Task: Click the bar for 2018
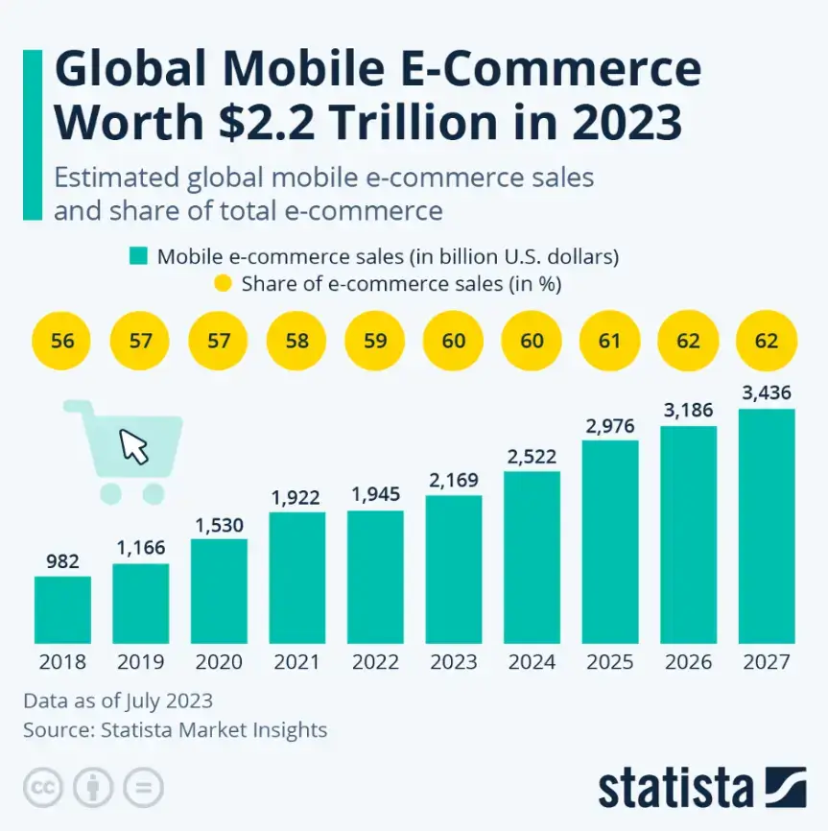coord(62,609)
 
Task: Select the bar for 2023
coord(454,569)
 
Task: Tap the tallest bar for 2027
coord(767,526)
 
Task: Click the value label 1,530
coord(219,525)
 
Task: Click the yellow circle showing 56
coord(62,341)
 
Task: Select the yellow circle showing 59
coord(375,341)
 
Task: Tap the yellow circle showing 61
coord(610,341)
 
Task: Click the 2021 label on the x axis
coord(297,662)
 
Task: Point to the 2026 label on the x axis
coord(689,662)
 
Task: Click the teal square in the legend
coord(139,256)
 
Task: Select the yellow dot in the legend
coord(223,284)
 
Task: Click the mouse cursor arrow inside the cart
coord(134,446)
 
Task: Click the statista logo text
coord(675,788)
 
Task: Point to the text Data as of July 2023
coord(118,700)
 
